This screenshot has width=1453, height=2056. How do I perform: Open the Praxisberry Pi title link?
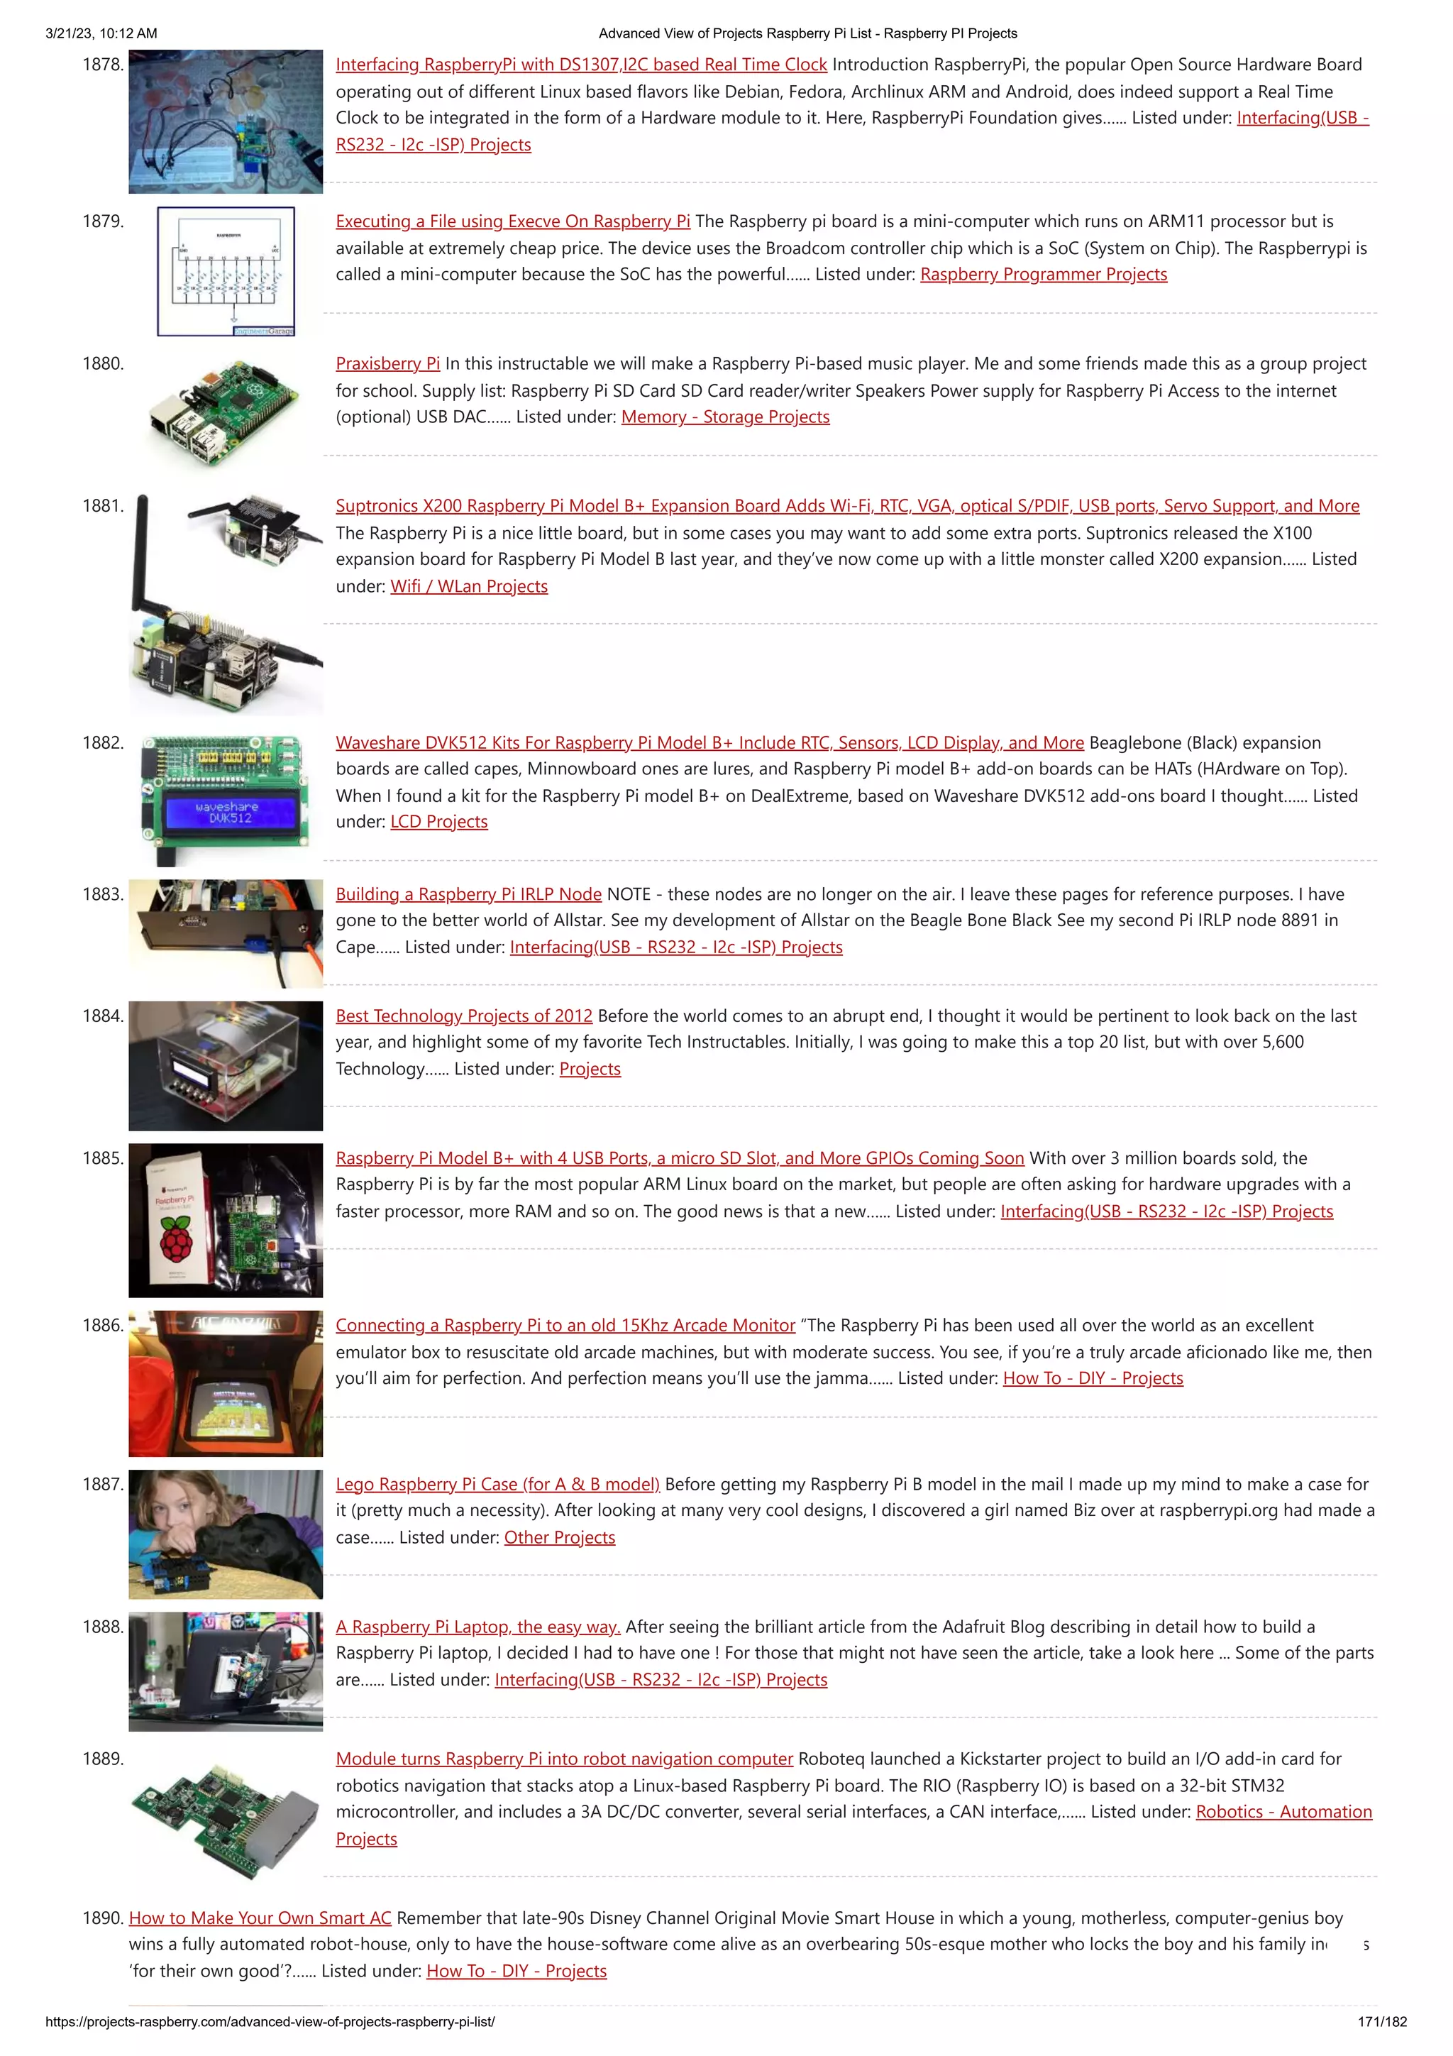(387, 363)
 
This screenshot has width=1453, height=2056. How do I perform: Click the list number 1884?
(103, 1016)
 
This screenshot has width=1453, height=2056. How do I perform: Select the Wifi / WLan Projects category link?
(468, 586)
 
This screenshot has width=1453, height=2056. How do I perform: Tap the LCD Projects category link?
(438, 822)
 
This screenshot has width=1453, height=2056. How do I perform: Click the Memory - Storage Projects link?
(725, 417)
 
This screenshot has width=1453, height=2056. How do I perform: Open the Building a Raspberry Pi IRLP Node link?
(468, 894)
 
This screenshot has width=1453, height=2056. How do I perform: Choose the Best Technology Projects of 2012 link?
(464, 1016)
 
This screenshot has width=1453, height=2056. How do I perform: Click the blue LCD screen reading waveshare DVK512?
(229, 813)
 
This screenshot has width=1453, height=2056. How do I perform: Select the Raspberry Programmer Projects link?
(1043, 275)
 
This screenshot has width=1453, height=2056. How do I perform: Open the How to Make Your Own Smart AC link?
(260, 1918)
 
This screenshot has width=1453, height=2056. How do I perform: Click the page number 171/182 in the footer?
(1381, 2022)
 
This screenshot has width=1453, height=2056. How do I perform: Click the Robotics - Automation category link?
(1283, 1813)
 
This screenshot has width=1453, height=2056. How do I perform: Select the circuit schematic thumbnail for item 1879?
(226, 271)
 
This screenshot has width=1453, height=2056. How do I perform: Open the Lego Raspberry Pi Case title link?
(497, 1485)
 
